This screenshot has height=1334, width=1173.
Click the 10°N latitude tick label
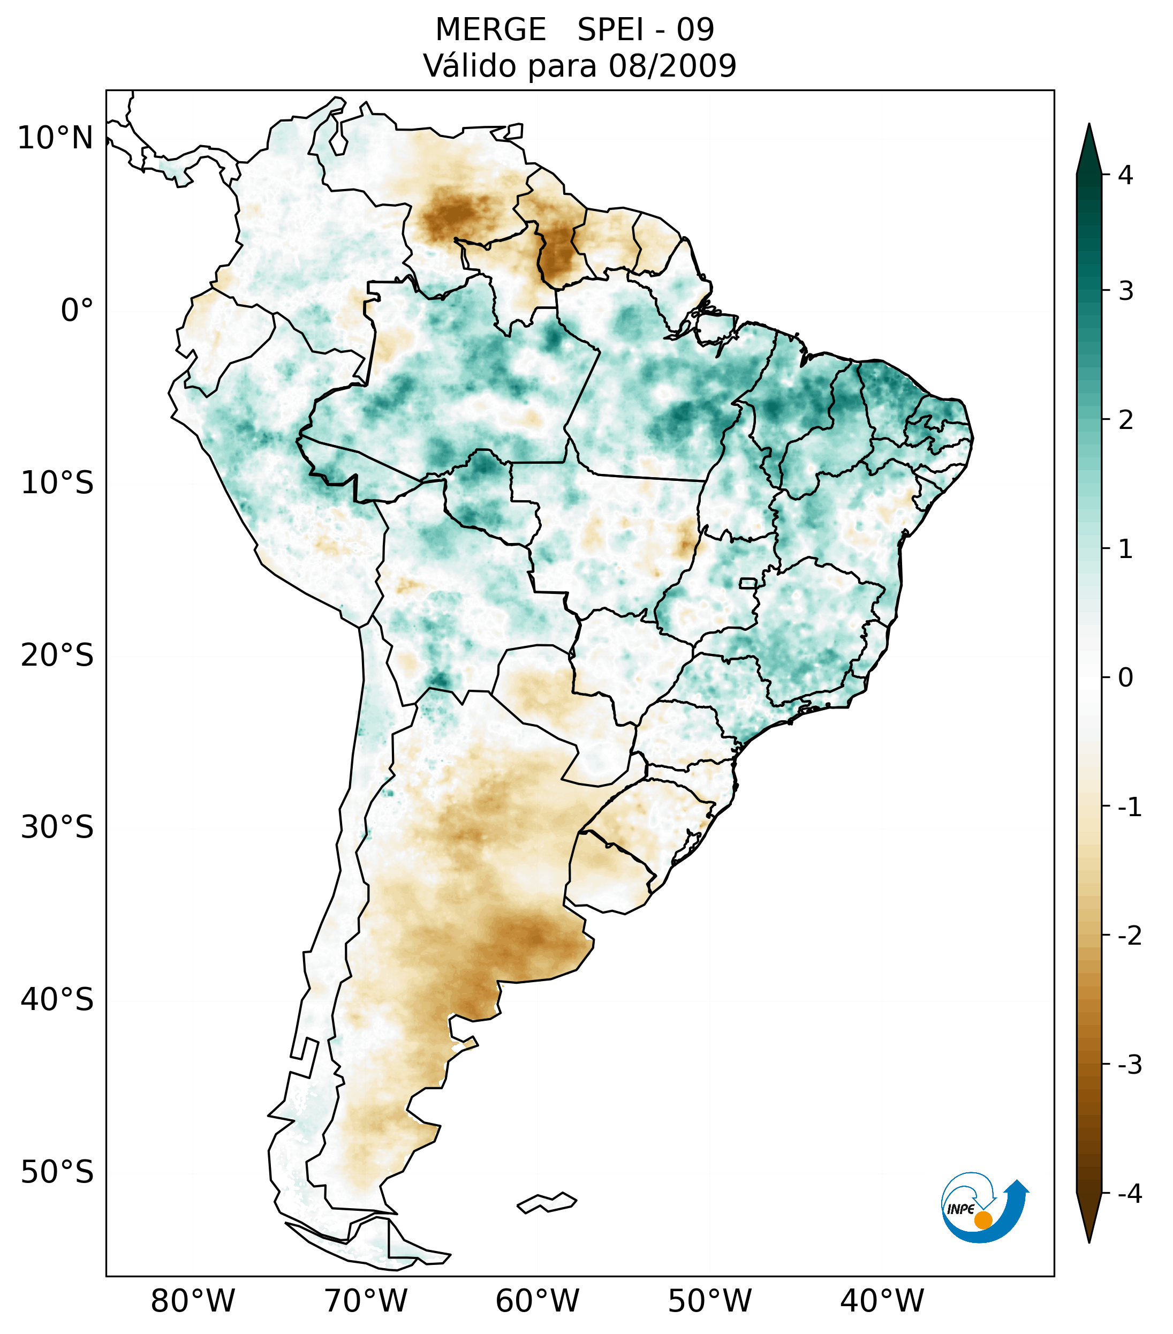coord(56,138)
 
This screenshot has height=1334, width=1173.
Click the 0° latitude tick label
coord(77,310)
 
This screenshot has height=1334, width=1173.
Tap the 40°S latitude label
coord(57,999)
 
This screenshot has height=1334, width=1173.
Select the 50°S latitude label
coord(57,1172)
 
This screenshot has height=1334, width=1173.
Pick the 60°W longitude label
coord(537,1301)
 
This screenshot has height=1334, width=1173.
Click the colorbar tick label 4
coord(1125,175)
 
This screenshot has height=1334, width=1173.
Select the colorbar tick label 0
coord(1125,677)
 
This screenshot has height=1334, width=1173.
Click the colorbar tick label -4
coord(1129,1194)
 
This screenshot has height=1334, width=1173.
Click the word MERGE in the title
coord(490,30)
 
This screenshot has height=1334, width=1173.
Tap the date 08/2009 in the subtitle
coord(672,66)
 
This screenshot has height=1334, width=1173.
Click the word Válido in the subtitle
coord(469,66)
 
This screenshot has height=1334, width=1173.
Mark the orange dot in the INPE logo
coord(983,1220)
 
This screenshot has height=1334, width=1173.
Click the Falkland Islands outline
coord(547,1202)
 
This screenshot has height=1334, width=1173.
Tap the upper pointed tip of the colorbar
coord(1089,126)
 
